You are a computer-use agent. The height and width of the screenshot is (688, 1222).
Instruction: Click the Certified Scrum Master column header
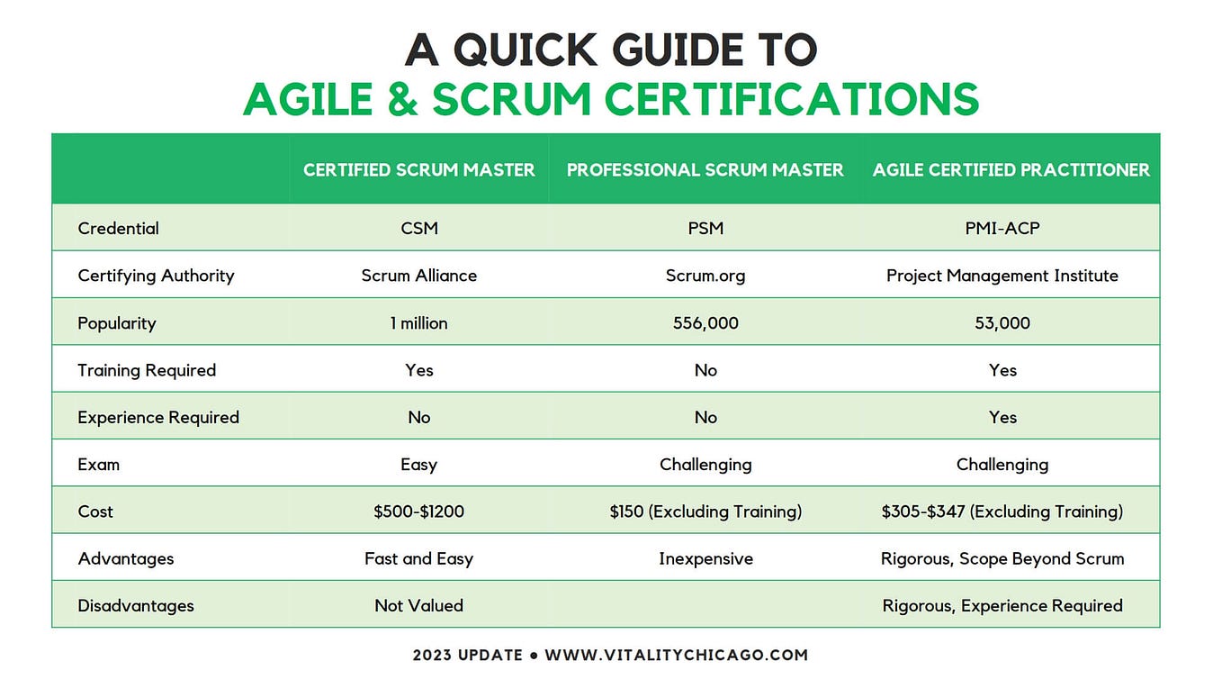tap(418, 169)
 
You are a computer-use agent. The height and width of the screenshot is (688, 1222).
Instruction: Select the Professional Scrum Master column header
tap(705, 169)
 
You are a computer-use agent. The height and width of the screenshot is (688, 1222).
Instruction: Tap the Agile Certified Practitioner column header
tap(1011, 169)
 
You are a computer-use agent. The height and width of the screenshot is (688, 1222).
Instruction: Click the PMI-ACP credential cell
tap(1002, 228)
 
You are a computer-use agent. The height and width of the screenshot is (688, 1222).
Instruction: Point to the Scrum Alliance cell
tap(418, 276)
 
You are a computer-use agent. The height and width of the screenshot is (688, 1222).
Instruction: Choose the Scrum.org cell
tap(705, 276)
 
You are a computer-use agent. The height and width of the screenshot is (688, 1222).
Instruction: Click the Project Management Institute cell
tap(1002, 276)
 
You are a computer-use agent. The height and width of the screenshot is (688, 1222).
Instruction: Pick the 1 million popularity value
tap(418, 322)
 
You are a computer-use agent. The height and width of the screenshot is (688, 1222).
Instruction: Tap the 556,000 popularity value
tap(705, 322)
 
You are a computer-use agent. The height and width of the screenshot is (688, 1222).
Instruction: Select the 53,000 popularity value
tap(1002, 322)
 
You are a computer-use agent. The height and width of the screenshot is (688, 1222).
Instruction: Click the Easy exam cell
tap(418, 465)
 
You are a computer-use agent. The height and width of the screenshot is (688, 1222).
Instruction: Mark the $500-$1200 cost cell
tap(418, 511)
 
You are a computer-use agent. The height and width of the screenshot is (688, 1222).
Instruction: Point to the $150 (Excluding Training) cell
tap(705, 511)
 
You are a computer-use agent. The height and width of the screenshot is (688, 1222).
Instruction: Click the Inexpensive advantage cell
tap(705, 558)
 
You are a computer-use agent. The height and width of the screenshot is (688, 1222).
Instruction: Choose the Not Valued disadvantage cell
tap(418, 605)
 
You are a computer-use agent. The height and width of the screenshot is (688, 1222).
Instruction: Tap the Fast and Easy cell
tap(418, 558)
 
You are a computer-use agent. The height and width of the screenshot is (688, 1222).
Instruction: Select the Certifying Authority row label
tap(156, 276)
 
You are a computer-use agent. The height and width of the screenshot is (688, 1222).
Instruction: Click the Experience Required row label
tap(158, 417)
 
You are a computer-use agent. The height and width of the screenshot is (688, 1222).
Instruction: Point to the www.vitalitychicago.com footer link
tap(676, 655)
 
